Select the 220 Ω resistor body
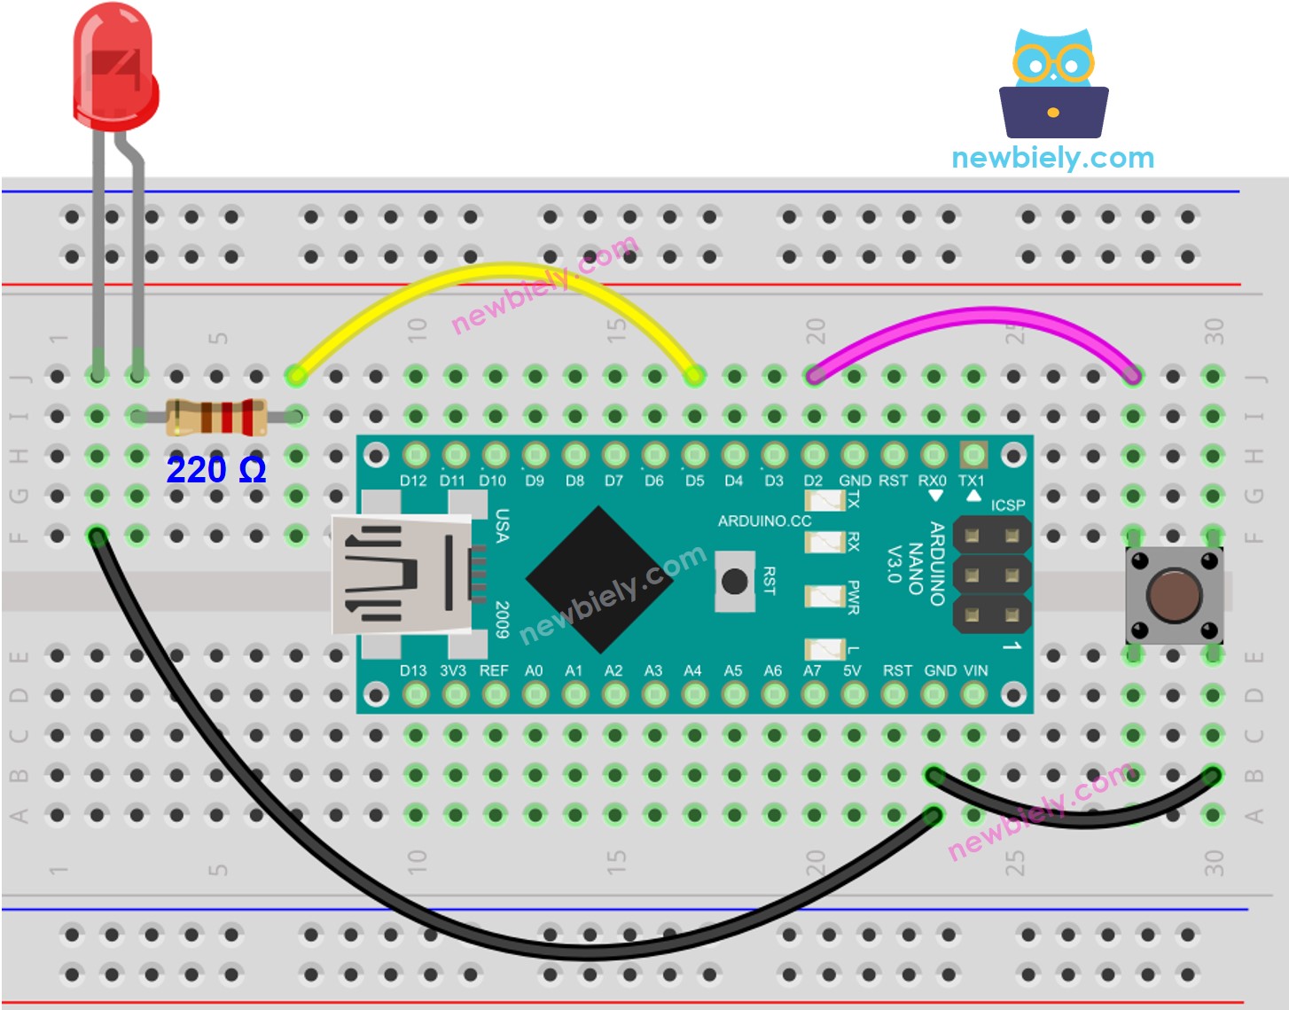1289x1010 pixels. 215,417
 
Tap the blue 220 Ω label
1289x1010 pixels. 215,469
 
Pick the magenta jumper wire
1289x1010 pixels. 984,316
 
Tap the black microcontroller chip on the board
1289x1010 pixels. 599,578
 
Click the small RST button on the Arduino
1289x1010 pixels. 734,582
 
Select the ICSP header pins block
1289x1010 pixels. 991,575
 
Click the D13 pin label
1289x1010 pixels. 412,670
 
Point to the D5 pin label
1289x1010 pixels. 694,481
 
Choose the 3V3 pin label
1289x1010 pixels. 453,670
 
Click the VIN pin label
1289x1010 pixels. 975,670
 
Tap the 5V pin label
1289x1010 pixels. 852,670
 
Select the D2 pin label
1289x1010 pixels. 813,481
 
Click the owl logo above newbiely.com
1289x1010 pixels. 1053,84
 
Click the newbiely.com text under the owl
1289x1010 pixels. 1052,158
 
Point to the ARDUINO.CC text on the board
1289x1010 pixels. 764,521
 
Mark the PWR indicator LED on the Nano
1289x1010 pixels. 824,596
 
